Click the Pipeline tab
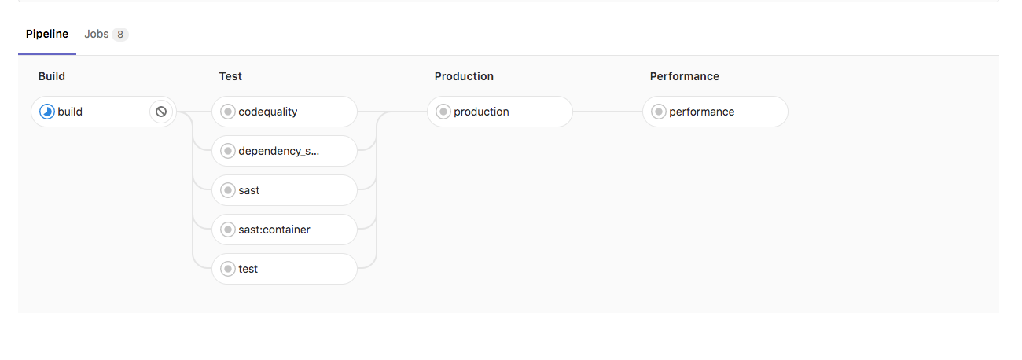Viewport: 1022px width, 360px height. [47, 35]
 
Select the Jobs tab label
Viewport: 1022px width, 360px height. [96, 35]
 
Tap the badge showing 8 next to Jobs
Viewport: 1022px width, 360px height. [119, 35]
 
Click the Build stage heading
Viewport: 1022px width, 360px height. [52, 76]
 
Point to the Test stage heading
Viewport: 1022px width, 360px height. [230, 76]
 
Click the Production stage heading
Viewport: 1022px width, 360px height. [464, 76]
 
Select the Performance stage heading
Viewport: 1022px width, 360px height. [684, 76]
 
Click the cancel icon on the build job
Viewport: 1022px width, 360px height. [161, 112]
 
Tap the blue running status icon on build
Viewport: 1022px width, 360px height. [47, 112]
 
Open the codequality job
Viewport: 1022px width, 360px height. [285, 112]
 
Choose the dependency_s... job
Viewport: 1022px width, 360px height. [285, 151]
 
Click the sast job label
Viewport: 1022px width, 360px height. [249, 190]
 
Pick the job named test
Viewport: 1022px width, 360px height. [248, 269]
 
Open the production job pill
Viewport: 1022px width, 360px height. [500, 112]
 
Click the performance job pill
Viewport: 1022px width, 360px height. [715, 112]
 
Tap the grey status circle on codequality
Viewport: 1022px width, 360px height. [228, 112]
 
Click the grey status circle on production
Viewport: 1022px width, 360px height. [443, 112]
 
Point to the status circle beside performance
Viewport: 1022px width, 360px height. [659, 112]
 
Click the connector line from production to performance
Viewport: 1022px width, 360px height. [608, 112]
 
